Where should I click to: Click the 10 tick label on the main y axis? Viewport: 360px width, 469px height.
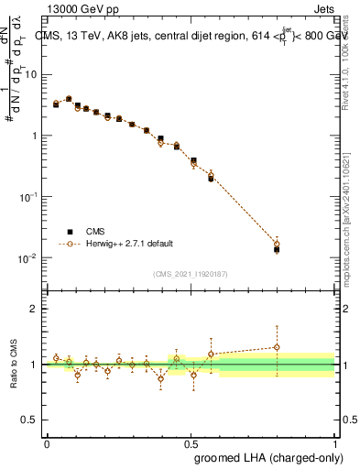click(x=31, y=74)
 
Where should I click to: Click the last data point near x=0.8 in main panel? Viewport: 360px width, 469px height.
click(x=277, y=248)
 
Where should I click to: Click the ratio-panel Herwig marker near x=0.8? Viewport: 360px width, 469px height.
click(x=277, y=347)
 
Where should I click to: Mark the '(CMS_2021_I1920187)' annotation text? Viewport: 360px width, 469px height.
click(x=191, y=274)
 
